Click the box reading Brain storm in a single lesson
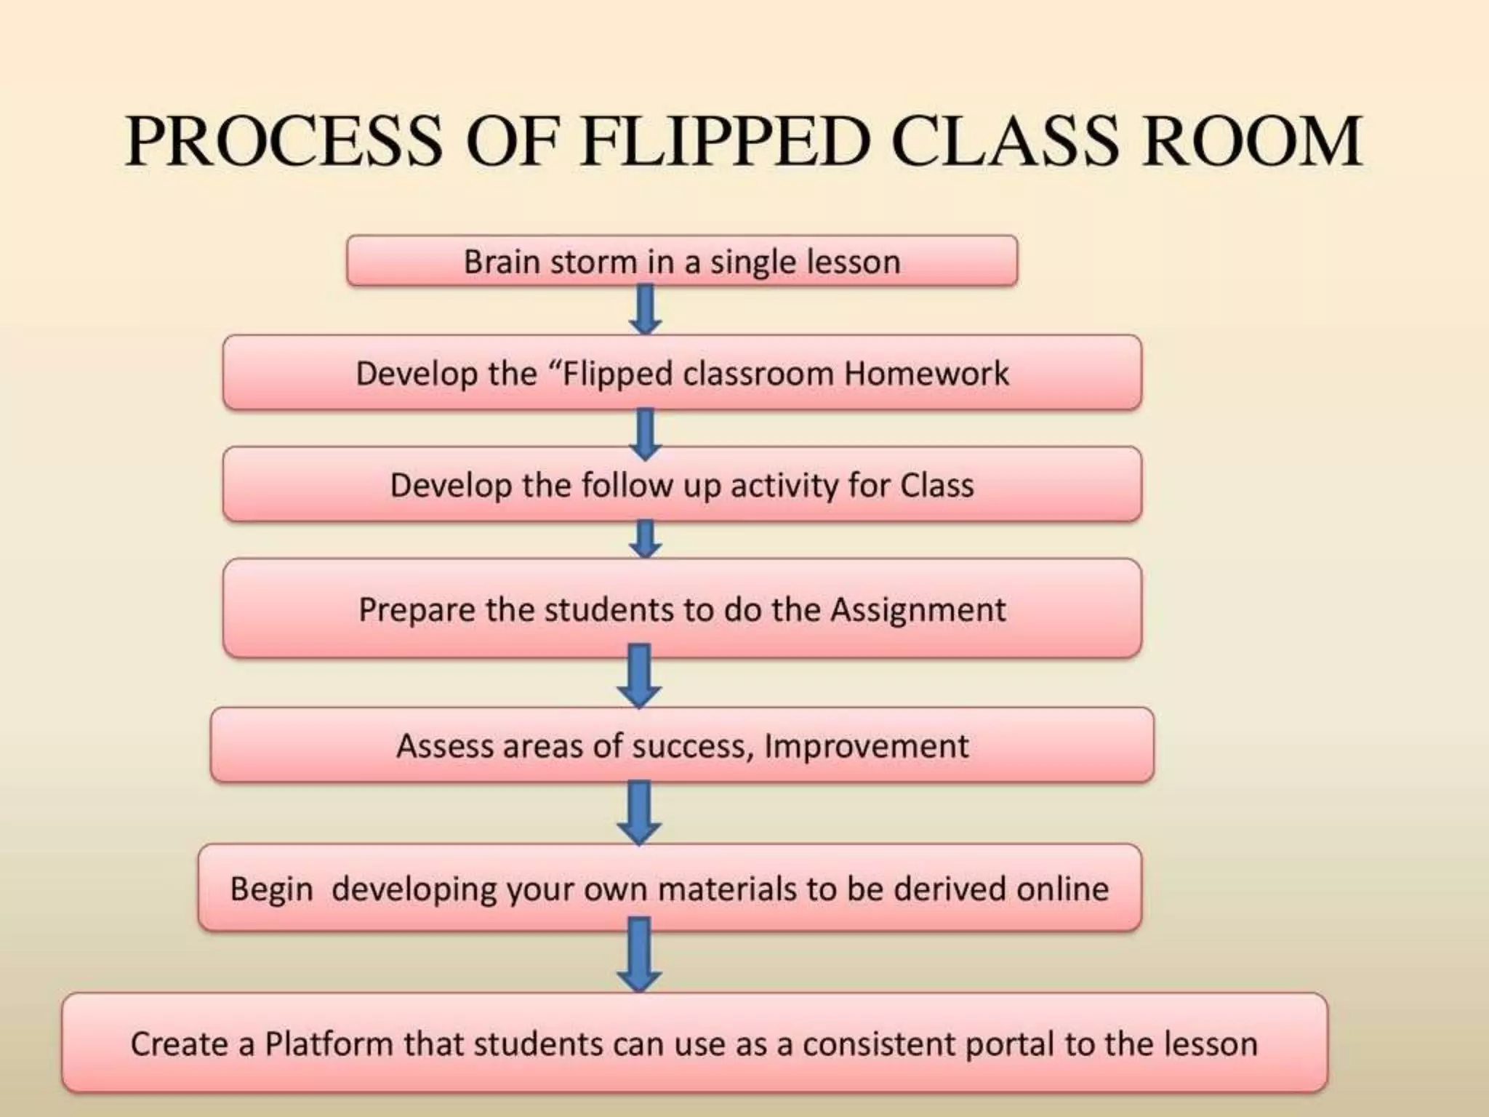(x=682, y=261)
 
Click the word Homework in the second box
(x=926, y=374)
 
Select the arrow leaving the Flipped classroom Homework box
(x=645, y=434)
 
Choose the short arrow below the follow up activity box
(x=645, y=539)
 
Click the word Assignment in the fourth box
(x=918, y=609)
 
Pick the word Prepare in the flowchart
(x=417, y=609)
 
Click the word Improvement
(x=866, y=746)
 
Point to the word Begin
(x=271, y=889)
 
